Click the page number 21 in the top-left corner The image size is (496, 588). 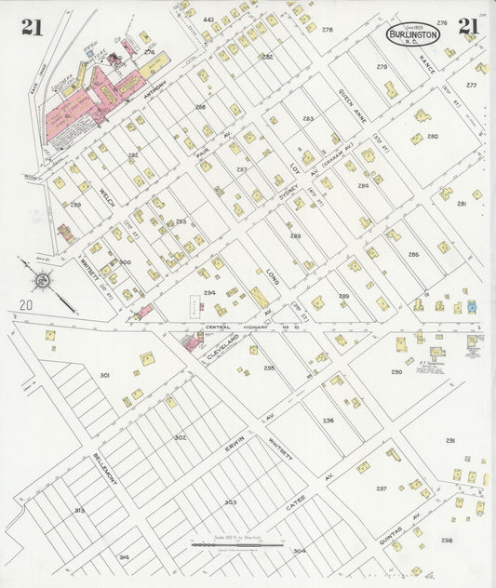click(x=32, y=27)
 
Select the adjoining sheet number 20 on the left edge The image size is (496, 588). click(x=25, y=304)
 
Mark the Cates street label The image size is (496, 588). click(x=295, y=507)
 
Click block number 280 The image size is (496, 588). click(x=432, y=137)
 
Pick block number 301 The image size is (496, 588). click(x=104, y=375)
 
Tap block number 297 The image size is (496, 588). click(x=381, y=488)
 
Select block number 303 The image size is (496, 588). click(x=229, y=502)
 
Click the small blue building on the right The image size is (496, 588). click(x=471, y=306)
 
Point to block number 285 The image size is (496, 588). click(x=412, y=254)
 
